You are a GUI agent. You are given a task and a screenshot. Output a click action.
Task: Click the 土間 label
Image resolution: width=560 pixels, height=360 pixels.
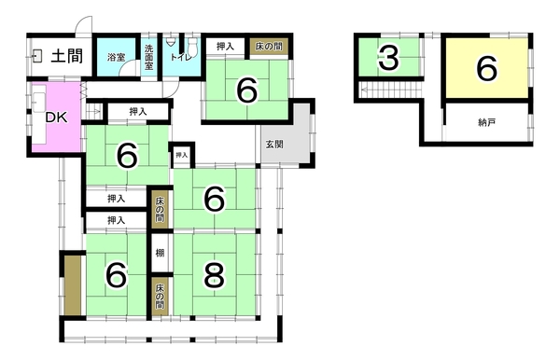tap(67, 56)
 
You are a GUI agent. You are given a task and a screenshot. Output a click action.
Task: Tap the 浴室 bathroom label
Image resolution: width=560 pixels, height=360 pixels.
tap(116, 57)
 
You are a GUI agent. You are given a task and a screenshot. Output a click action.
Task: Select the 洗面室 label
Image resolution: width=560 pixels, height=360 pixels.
tap(149, 57)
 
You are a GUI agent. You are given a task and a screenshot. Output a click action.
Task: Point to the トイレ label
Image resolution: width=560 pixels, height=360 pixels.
tap(181, 56)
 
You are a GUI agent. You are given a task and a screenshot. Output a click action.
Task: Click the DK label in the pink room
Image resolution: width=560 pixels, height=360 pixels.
tap(56, 118)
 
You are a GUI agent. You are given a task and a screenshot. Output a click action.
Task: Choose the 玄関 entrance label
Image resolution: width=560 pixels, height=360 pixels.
tap(274, 145)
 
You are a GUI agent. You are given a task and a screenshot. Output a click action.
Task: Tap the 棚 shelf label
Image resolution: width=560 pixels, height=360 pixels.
tap(160, 253)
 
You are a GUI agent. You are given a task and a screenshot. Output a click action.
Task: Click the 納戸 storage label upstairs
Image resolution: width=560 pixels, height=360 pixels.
tap(486, 123)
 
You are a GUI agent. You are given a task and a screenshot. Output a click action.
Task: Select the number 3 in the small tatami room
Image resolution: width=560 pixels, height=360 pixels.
tap(388, 58)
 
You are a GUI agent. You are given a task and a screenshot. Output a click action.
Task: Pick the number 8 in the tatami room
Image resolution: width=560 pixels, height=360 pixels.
tap(214, 275)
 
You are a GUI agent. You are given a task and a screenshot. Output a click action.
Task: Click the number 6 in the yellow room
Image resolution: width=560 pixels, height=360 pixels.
tap(487, 68)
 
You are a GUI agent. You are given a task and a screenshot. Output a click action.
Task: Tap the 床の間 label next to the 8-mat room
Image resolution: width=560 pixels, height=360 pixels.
tap(160, 297)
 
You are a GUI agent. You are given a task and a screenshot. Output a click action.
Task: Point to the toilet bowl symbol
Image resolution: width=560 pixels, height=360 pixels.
tap(193, 46)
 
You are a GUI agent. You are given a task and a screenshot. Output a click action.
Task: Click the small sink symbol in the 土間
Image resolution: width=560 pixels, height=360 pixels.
tap(36, 56)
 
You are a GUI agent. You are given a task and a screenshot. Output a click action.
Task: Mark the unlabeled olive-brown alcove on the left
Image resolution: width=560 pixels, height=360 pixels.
tap(73, 285)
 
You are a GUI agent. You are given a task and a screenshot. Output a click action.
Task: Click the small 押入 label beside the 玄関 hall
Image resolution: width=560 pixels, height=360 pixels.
tap(181, 155)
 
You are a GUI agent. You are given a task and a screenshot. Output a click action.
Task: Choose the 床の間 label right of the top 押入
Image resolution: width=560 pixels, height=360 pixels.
tap(269, 46)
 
